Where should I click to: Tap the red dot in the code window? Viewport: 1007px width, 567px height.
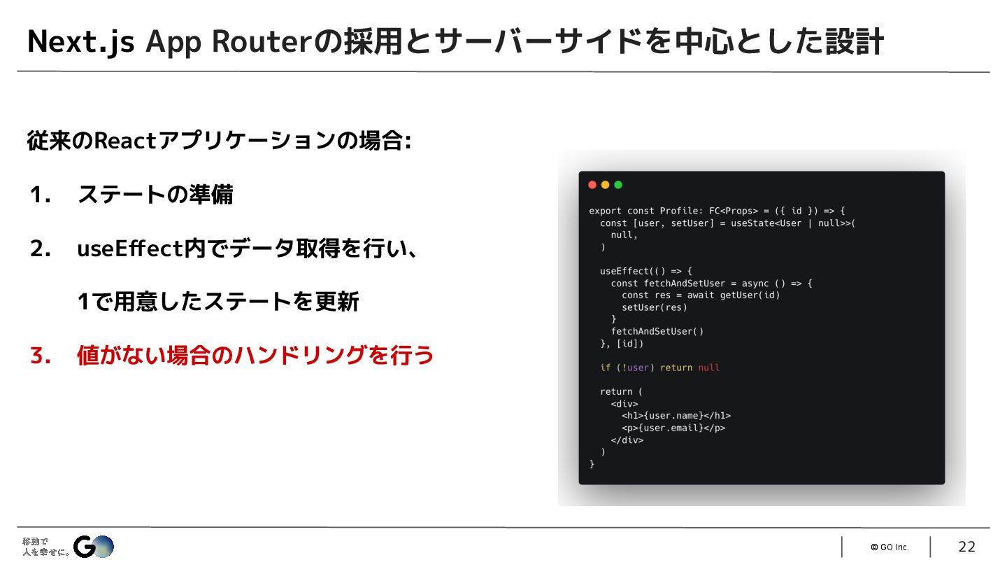point(592,185)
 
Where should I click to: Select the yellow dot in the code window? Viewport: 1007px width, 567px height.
point(605,185)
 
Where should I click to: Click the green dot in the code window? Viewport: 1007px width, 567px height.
point(618,185)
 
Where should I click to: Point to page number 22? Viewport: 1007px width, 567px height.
point(966,547)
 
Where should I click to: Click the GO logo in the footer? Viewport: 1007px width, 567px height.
point(94,547)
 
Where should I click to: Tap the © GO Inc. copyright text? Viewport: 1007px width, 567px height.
point(890,547)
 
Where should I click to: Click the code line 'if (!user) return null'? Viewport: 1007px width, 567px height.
point(659,367)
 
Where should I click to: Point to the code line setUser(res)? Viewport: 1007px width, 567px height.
point(655,307)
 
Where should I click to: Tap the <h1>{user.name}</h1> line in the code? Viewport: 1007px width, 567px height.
point(676,416)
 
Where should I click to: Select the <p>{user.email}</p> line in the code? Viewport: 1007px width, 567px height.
point(673,428)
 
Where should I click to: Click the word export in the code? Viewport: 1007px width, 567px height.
point(605,211)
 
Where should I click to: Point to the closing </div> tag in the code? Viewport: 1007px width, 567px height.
point(627,440)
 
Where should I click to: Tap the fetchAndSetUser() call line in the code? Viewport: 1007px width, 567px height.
point(657,331)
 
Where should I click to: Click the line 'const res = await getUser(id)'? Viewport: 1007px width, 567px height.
point(701,295)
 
